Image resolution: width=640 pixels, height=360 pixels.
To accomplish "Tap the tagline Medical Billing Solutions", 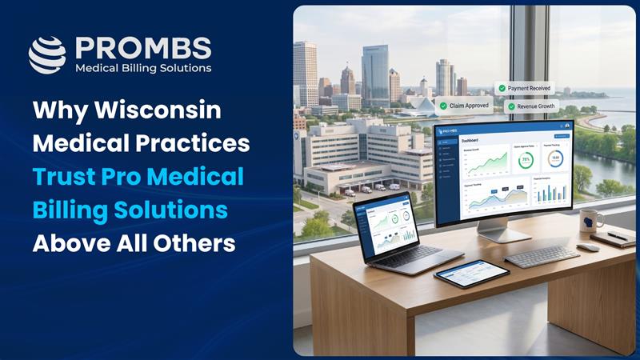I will pos(143,69).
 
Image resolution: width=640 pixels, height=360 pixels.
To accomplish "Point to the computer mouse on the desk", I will pos(588,247).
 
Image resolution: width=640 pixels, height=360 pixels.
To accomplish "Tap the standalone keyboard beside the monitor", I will pos(542,257).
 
